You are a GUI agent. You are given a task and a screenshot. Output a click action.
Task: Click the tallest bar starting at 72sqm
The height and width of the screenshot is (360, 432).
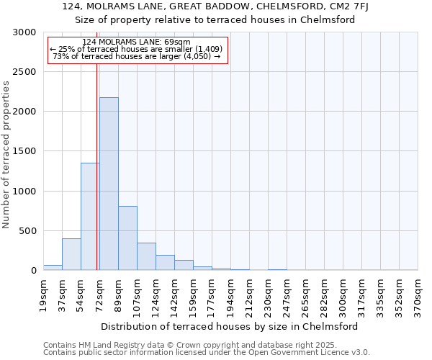(109, 184)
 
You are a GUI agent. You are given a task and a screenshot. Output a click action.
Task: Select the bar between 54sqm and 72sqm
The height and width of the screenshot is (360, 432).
(89, 216)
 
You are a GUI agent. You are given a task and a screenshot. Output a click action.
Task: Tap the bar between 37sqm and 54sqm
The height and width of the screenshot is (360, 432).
(71, 254)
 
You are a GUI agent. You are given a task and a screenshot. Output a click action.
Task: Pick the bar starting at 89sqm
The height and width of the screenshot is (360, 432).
(127, 238)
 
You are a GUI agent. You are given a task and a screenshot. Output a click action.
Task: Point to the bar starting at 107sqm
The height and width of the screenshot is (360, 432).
(146, 256)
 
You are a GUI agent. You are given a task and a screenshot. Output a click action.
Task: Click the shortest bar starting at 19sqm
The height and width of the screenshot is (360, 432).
(53, 267)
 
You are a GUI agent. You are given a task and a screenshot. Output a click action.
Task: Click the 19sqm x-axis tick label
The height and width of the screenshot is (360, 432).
(44, 294)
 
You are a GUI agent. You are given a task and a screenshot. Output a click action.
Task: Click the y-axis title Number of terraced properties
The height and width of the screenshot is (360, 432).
(6, 155)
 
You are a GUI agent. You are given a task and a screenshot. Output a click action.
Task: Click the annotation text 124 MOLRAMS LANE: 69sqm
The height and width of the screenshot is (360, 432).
(137, 42)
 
